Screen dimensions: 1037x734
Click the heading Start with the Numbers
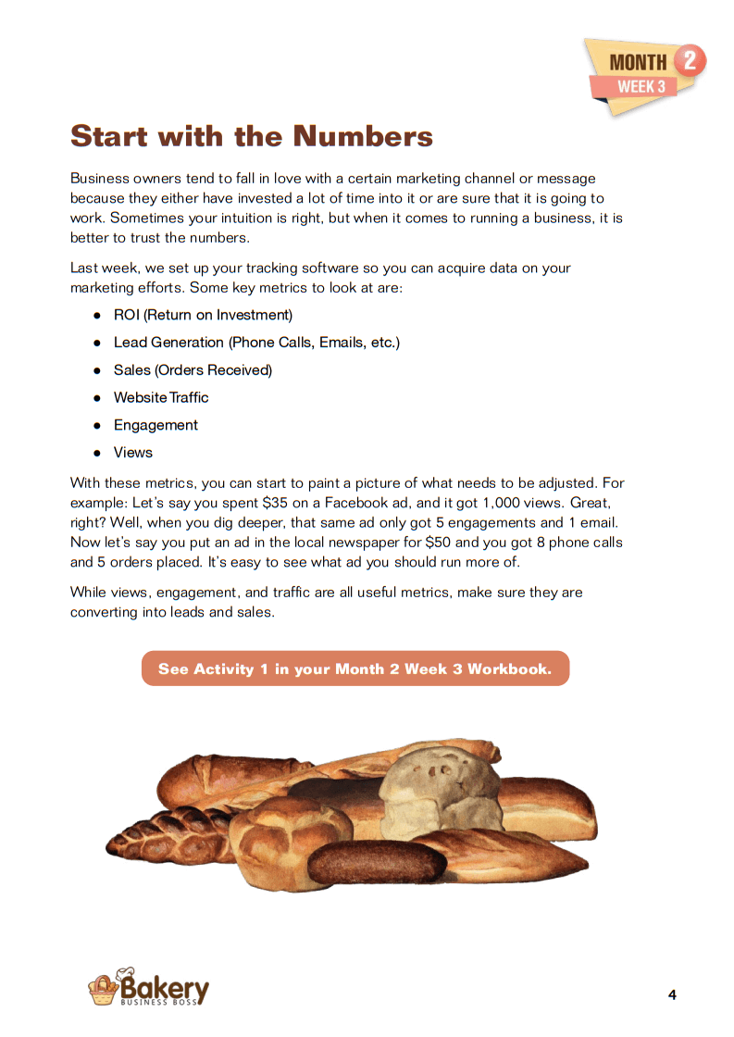(252, 136)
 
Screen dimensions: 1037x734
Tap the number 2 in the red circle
(688, 61)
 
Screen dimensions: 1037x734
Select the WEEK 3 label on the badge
(641, 87)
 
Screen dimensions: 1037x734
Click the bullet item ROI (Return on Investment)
(203, 315)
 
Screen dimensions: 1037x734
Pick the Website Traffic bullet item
(161, 397)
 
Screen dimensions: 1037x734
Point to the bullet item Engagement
(156, 425)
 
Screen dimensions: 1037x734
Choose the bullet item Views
(133, 453)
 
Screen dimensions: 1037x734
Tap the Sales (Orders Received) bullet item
(193, 370)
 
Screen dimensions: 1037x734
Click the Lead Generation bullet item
(256, 343)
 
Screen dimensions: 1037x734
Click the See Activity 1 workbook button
(355, 668)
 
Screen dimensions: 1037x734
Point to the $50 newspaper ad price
(441, 543)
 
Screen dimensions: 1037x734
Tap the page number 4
(672, 995)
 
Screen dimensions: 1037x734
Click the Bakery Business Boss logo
(148, 988)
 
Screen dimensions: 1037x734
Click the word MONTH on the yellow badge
(638, 63)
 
